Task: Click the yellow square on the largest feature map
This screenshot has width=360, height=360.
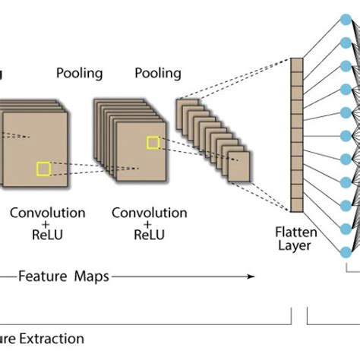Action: coord(44,169)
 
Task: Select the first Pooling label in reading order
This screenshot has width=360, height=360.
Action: coord(79,74)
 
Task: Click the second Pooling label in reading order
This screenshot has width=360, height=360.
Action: coord(158,74)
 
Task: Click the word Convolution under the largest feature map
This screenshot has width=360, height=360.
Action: coord(47,213)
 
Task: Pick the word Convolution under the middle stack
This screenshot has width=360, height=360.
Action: coord(150,213)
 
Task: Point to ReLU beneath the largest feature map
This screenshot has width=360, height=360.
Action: coord(47,235)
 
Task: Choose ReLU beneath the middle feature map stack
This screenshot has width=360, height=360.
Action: coord(150,235)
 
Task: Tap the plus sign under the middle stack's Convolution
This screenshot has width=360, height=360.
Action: coord(150,224)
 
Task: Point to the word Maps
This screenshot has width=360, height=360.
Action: coord(91,277)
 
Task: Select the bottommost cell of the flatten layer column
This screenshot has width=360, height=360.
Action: coord(297,204)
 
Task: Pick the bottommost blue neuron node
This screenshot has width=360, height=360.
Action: coord(346,251)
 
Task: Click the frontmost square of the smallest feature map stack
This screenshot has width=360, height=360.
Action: coord(239,166)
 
